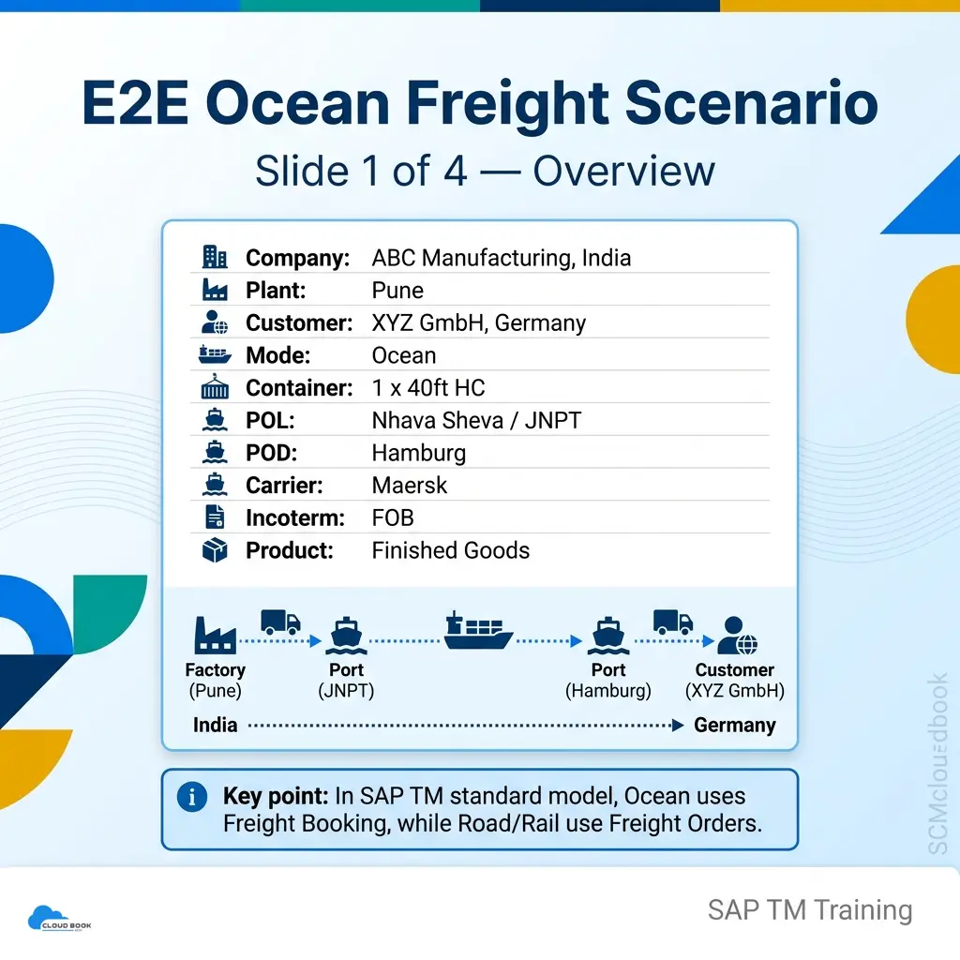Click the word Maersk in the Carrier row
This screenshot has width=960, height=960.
coord(409,486)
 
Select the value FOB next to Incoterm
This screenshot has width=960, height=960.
coord(393,517)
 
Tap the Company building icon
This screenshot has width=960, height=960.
coord(215,257)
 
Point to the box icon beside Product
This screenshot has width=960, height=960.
coord(215,549)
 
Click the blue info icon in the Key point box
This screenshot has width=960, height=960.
coord(191,797)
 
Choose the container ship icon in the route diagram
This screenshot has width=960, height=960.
coord(478,630)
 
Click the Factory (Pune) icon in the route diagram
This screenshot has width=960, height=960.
coord(215,635)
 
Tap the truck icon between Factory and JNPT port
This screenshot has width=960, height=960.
coord(280,622)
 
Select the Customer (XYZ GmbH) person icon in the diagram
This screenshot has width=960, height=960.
coord(737,636)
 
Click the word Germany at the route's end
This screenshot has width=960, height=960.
coord(735,725)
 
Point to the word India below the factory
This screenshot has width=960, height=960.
coord(215,725)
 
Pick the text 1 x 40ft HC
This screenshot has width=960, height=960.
coord(427,387)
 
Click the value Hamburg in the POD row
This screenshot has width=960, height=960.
coord(419,454)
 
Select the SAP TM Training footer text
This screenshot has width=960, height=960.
coord(809,910)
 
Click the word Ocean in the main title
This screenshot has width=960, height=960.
coord(301,102)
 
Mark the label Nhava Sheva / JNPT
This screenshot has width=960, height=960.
coord(476,421)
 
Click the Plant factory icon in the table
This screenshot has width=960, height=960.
coord(215,290)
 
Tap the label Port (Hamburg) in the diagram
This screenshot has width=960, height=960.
coord(607,681)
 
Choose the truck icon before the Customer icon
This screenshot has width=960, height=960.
coord(673,622)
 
